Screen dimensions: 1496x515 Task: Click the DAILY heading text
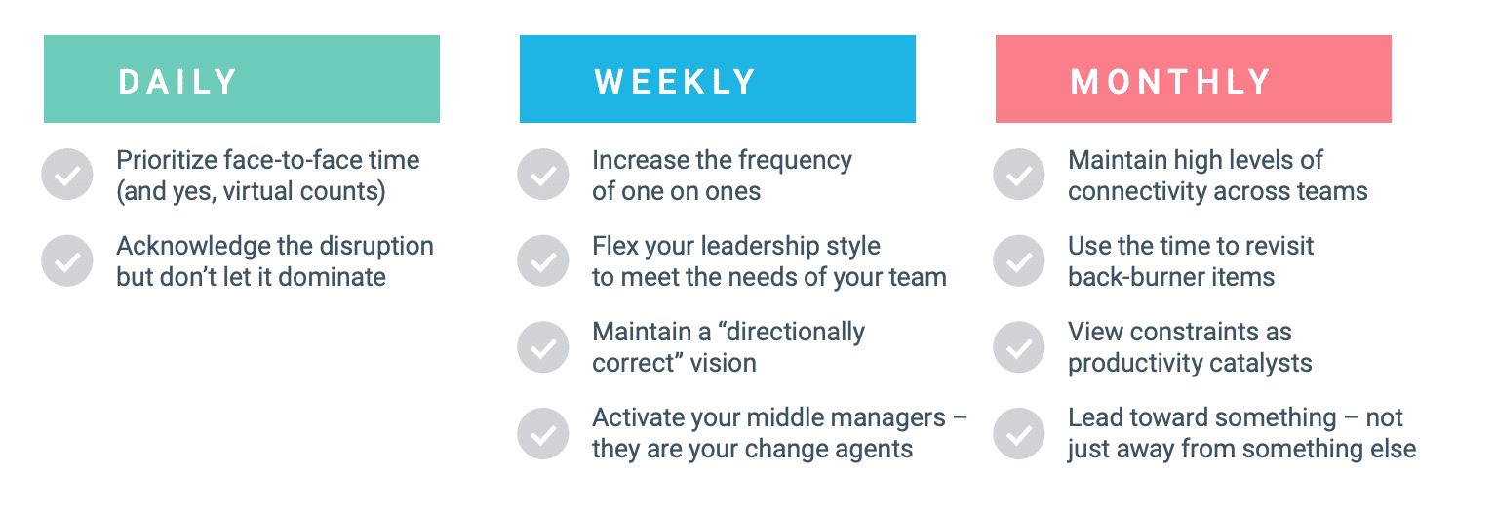[177, 82]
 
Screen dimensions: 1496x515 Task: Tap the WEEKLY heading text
[675, 82]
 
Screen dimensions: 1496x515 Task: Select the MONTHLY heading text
[1170, 82]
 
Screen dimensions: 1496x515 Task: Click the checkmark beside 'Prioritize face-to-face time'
[67, 175]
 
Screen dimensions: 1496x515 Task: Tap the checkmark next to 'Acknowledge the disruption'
[67, 260]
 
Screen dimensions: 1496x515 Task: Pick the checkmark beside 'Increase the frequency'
[543, 175]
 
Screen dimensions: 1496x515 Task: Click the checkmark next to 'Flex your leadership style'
[543, 260]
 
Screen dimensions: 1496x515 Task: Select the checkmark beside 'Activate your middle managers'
[543, 433]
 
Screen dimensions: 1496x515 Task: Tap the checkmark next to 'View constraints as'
[1018, 346]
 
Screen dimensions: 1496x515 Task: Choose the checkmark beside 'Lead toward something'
[1018, 433]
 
